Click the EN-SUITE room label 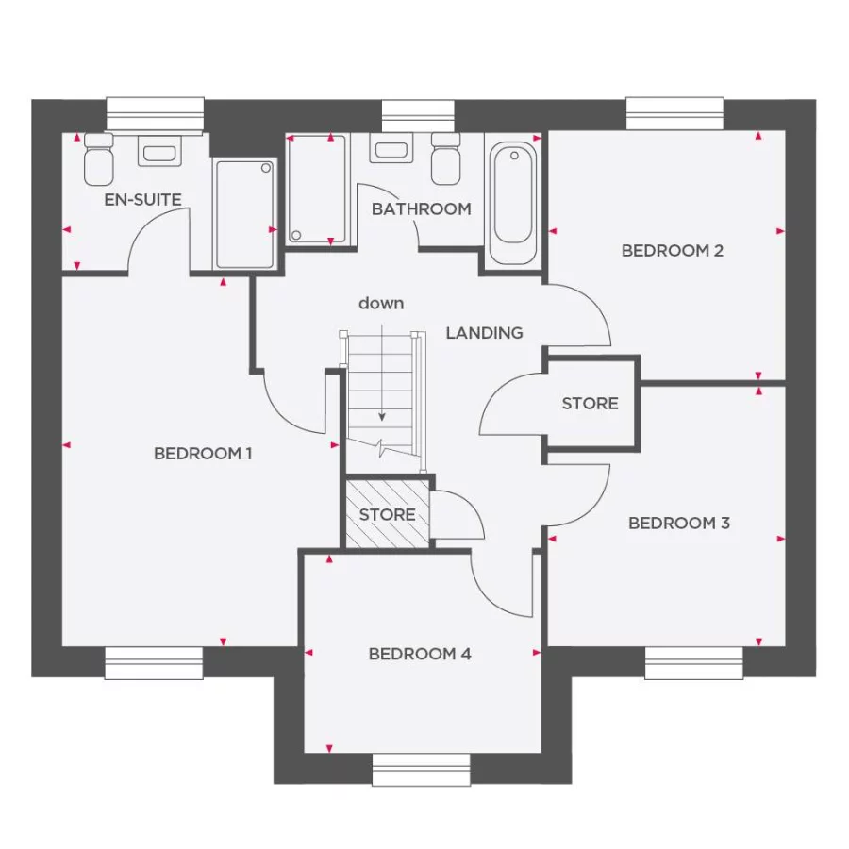pyautogui.click(x=142, y=200)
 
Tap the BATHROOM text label pyautogui.click(x=421, y=208)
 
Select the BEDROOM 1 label pyautogui.click(x=203, y=454)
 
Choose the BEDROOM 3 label pyautogui.click(x=679, y=523)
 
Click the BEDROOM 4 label pyautogui.click(x=420, y=654)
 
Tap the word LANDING pyautogui.click(x=484, y=332)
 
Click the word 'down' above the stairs pyautogui.click(x=381, y=303)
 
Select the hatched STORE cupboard pyautogui.click(x=387, y=514)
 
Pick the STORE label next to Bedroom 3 pyautogui.click(x=590, y=403)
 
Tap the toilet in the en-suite pyautogui.click(x=98, y=160)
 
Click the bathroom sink pyautogui.click(x=389, y=149)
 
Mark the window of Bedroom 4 pyautogui.click(x=420, y=770)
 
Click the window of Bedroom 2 pyautogui.click(x=675, y=113)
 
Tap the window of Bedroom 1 pyautogui.click(x=154, y=662)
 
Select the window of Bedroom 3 pyautogui.click(x=693, y=662)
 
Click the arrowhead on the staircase pyautogui.click(x=382, y=416)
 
